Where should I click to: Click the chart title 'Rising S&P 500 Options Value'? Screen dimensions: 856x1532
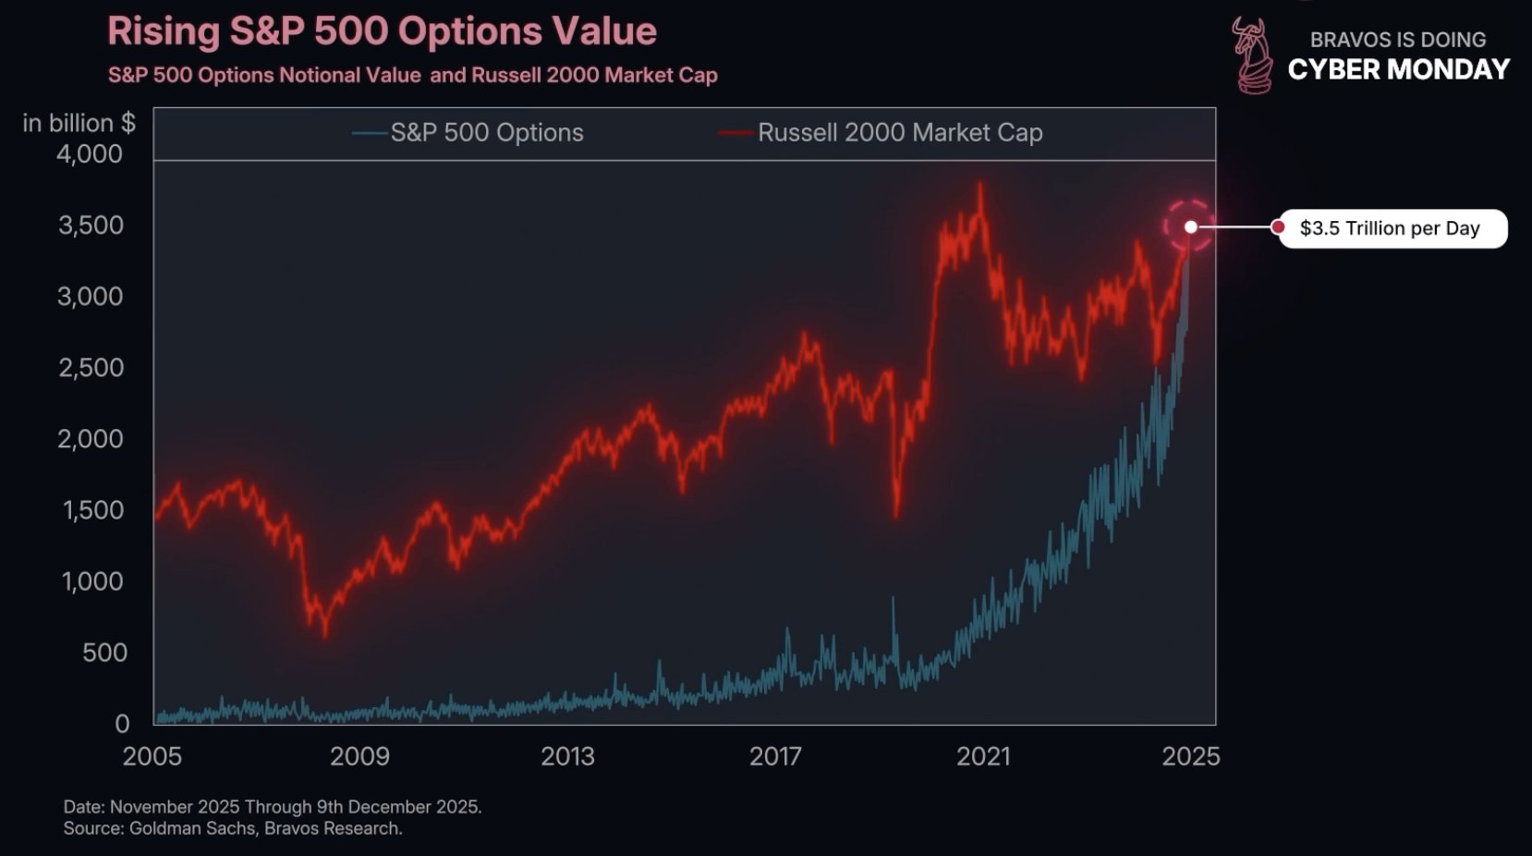(x=382, y=32)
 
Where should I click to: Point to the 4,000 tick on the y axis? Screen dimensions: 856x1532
(x=90, y=154)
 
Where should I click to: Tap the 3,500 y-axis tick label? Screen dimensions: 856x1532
(x=91, y=226)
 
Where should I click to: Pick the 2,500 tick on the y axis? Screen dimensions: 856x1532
(x=91, y=368)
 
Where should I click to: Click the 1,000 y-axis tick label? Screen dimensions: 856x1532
(x=91, y=581)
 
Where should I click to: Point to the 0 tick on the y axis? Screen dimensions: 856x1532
(x=122, y=724)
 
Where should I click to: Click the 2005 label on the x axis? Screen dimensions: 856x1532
(x=152, y=756)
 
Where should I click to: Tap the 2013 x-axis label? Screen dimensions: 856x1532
(x=567, y=756)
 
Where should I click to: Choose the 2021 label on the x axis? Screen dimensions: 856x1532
(x=983, y=756)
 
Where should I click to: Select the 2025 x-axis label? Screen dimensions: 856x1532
(x=1191, y=756)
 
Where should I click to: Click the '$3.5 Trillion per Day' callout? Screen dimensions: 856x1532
(x=1389, y=228)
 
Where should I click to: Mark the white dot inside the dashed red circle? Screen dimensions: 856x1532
(x=1191, y=226)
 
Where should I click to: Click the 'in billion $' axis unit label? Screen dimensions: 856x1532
(x=79, y=123)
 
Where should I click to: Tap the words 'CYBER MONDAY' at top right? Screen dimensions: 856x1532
(x=1398, y=69)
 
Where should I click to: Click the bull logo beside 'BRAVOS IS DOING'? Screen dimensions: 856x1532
(x=1252, y=55)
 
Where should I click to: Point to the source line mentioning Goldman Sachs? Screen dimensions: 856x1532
(x=233, y=828)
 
